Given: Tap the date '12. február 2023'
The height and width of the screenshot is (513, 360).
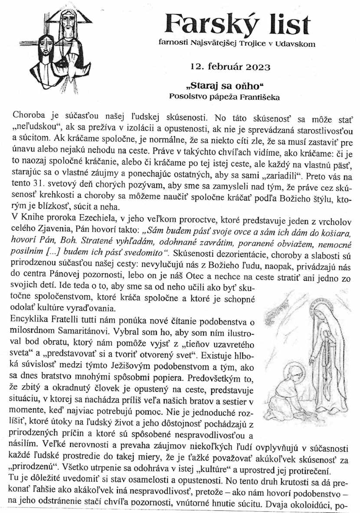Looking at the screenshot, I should (x=230, y=67).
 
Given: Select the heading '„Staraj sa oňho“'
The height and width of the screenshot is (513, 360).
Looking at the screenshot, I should (x=230, y=86).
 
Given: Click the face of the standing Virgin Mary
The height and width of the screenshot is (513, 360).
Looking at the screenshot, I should (x=323, y=313).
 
